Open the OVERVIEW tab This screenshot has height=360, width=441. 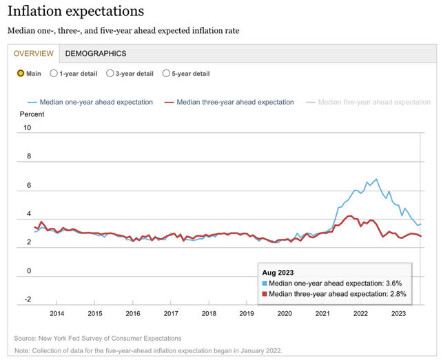tap(34, 54)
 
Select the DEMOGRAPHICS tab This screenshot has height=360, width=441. tap(96, 54)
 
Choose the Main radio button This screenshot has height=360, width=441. tap(21, 74)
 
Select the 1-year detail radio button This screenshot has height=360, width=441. tap(54, 74)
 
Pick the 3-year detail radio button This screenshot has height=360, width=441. tap(110, 74)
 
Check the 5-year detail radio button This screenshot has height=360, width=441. tap(166, 74)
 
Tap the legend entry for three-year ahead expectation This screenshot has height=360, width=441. tap(232, 102)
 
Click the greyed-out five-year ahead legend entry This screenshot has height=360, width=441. tap(371, 102)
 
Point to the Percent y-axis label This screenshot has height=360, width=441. tap(32, 114)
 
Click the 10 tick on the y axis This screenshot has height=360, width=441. tap(27, 128)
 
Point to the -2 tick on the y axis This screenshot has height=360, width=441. tap(27, 299)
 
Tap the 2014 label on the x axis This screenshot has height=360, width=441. tap(57, 313)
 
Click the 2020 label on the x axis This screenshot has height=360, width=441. tap(284, 313)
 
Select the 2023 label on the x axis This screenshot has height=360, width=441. tap(398, 313)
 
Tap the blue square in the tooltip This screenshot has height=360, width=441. tap(265, 284)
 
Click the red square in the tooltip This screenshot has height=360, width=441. tap(265, 294)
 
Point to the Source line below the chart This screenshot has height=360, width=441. tap(98, 338)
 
